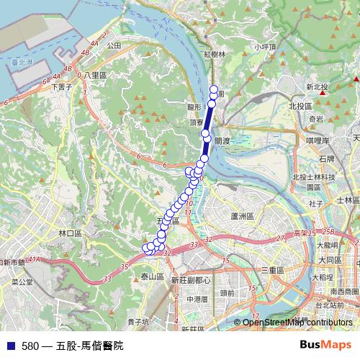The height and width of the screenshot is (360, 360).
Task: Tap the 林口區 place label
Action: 72,233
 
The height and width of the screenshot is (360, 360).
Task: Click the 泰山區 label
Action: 153,276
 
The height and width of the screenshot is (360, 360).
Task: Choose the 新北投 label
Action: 317,87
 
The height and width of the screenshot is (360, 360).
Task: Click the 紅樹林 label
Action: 215,54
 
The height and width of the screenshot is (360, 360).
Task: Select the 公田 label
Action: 114,45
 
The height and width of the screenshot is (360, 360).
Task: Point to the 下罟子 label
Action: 63,86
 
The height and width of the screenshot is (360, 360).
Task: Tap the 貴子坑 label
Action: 138,322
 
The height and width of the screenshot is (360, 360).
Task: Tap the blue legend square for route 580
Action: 11,346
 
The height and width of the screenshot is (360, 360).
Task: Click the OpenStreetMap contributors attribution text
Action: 297,323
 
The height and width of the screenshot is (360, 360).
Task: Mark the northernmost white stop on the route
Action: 213,89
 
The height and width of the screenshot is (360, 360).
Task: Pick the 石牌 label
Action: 325,158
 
